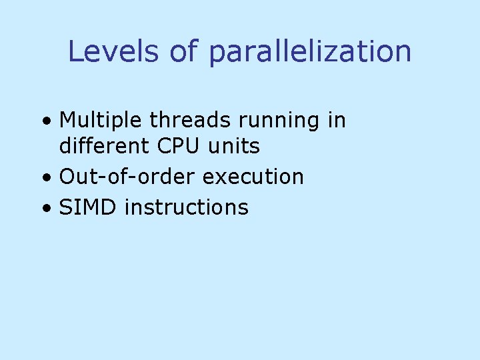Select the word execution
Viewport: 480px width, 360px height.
[x=253, y=177]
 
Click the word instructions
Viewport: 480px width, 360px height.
[x=187, y=207]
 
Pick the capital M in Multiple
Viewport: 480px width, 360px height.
[x=67, y=121]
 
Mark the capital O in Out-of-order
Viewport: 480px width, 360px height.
[x=67, y=177]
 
